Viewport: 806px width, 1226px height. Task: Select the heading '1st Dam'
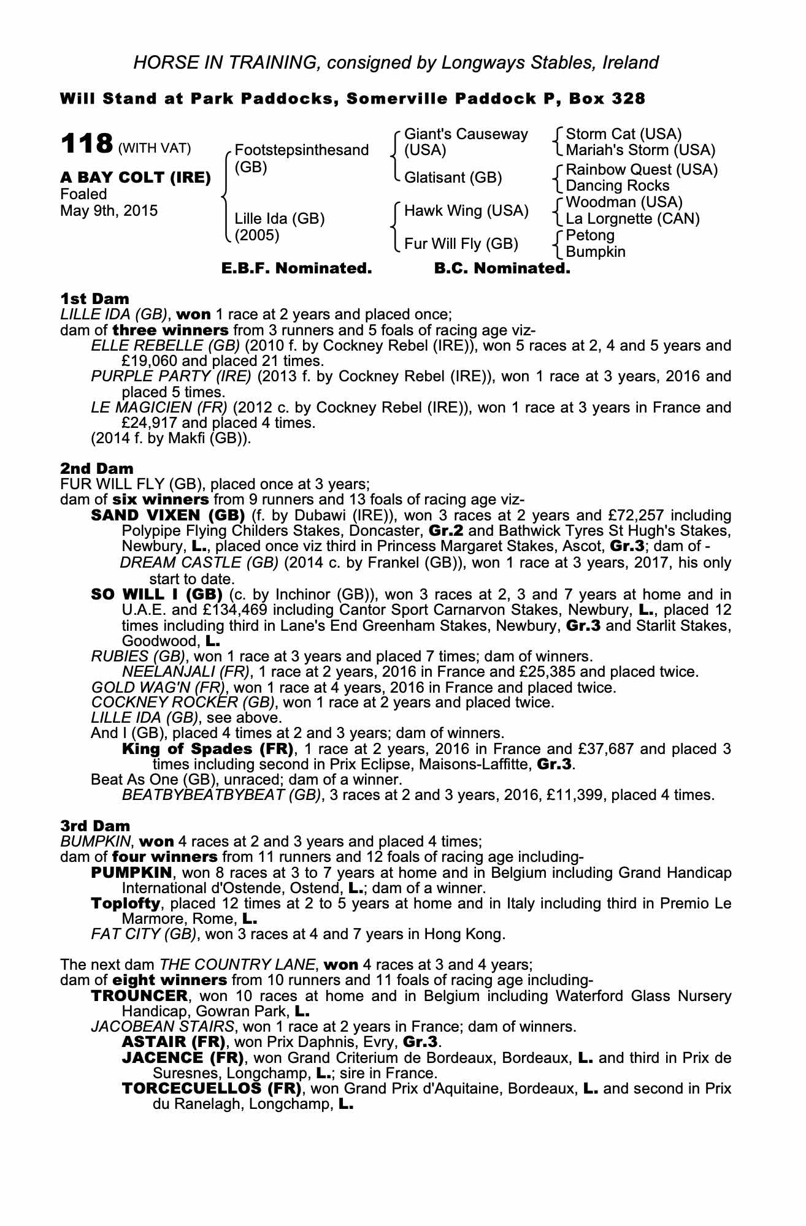(94, 299)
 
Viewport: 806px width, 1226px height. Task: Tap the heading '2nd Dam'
(96, 468)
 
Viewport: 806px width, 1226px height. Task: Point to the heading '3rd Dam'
(95, 826)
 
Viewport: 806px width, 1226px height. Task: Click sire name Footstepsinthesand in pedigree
(302, 150)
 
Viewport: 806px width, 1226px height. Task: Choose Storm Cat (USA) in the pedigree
(623, 134)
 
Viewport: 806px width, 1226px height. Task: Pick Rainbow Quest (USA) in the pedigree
(641, 169)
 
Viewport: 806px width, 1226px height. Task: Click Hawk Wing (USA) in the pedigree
(466, 211)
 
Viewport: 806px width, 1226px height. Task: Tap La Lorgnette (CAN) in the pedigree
(632, 219)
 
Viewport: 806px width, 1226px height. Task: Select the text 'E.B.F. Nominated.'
(296, 268)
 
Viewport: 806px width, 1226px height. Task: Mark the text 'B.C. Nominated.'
(502, 268)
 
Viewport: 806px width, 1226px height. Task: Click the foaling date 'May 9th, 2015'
(109, 211)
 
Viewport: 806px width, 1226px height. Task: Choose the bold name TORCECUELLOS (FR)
(212, 1089)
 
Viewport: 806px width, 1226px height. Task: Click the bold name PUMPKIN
(126, 872)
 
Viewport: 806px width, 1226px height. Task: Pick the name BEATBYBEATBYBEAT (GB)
(221, 795)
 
